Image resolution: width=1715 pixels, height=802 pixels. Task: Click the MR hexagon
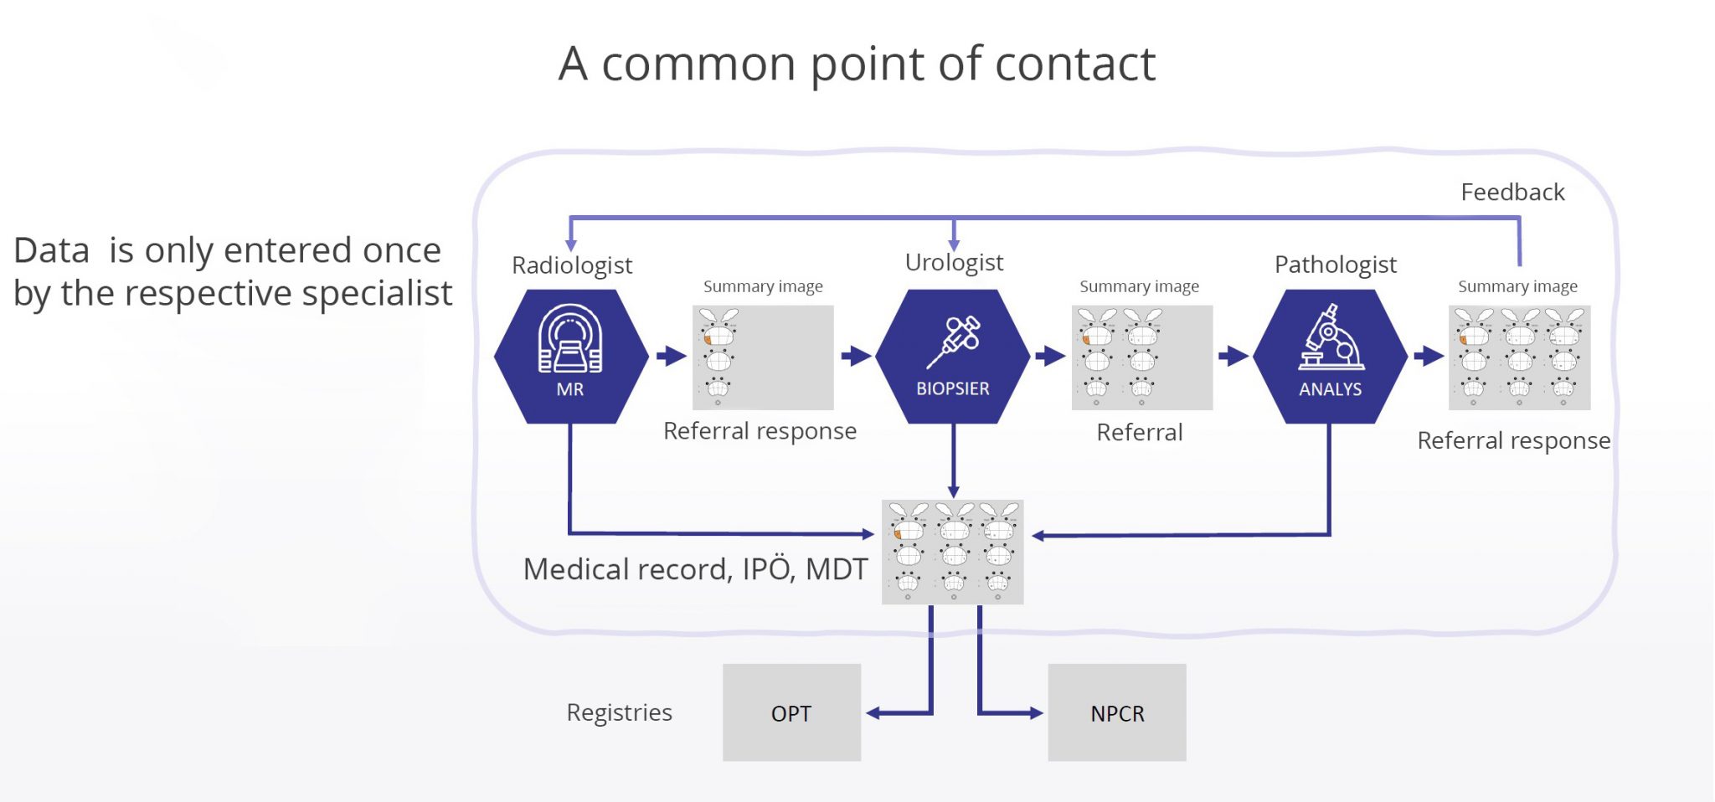tap(570, 357)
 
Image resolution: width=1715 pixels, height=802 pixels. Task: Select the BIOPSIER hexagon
tap(952, 357)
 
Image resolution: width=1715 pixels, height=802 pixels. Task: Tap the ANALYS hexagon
tap(1330, 357)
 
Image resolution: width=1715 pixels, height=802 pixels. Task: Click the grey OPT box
tap(791, 712)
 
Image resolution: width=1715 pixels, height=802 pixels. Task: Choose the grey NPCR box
tap(1116, 712)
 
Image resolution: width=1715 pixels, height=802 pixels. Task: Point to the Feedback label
tap(1512, 193)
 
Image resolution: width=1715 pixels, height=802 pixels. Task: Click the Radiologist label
tap(572, 265)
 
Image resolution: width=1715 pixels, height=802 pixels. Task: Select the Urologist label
tap(954, 263)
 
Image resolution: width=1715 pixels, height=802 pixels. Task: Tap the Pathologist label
tap(1335, 265)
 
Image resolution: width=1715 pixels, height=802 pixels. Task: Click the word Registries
tap(619, 712)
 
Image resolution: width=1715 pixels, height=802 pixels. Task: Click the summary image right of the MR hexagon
tap(762, 357)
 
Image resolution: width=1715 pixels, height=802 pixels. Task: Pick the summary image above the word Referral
tap(1141, 357)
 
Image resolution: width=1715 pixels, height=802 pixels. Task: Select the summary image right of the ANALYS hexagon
tap(1519, 357)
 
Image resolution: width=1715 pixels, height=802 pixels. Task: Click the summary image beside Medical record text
tap(952, 552)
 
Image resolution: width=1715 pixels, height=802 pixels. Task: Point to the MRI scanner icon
tap(570, 338)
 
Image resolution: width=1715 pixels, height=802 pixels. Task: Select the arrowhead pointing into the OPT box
tap(873, 713)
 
